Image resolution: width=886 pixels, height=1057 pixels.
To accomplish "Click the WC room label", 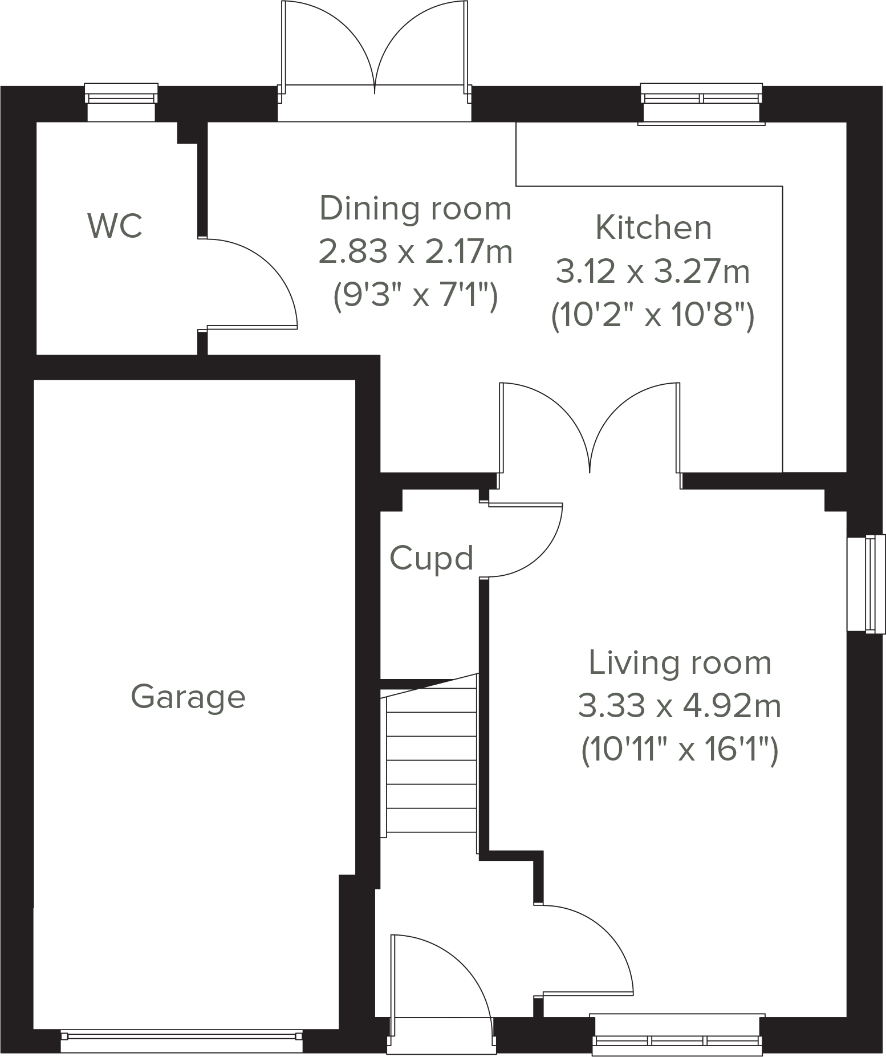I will coord(115,226).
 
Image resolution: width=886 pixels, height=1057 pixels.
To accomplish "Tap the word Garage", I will coord(188,697).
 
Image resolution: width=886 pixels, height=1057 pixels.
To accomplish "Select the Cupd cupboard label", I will coord(431,558).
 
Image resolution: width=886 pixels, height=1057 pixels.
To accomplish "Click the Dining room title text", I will coord(415,208).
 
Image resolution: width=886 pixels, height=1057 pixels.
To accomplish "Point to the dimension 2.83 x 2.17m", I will coord(415,251).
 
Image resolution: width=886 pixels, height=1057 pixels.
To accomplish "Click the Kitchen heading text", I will coord(653,227).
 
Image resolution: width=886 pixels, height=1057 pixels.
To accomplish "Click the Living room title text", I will coord(680,663).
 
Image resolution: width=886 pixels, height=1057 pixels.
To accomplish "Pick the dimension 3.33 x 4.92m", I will coord(680,706).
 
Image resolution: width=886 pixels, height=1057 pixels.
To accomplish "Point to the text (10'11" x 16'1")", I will coord(680,750).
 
